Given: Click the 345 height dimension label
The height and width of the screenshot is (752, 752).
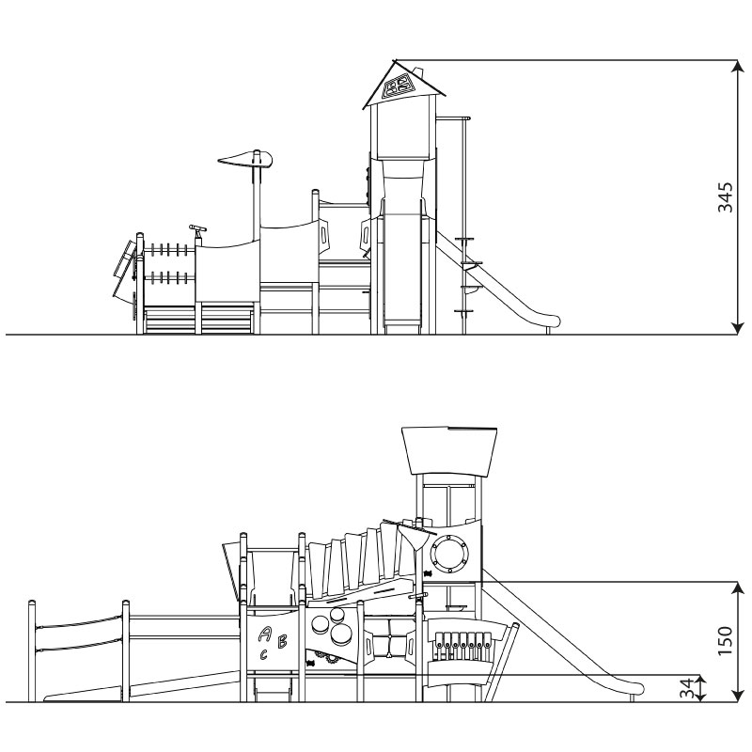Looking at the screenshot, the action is [725, 196].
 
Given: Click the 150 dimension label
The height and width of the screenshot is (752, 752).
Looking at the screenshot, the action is [725, 641].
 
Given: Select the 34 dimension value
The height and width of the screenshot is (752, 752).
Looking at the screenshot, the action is [687, 688].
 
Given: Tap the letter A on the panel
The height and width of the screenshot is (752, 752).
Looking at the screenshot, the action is [264, 634].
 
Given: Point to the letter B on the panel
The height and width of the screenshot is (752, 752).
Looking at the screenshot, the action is [283, 641].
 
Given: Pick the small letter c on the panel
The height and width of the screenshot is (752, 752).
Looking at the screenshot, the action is [264, 654].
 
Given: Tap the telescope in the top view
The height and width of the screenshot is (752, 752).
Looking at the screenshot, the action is [198, 230].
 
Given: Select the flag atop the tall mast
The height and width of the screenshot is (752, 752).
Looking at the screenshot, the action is [246, 159].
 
